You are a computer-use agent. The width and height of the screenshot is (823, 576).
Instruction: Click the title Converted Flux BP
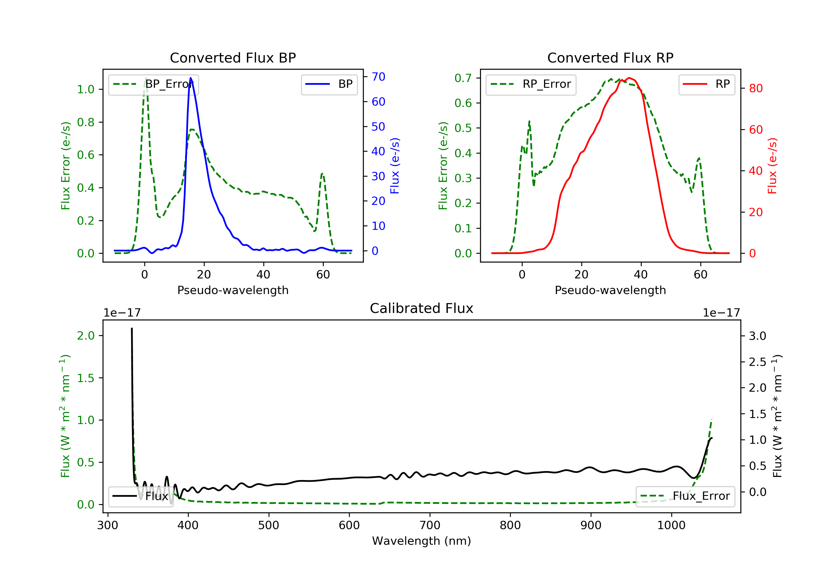pos(233,58)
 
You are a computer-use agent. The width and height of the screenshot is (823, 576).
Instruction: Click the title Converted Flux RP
pos(610,58)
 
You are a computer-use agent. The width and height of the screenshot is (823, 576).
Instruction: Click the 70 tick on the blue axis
pos(378,77)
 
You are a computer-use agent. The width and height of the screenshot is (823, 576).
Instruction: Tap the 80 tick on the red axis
pos(756,89)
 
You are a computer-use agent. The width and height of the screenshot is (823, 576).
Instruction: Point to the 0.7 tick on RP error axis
pos(463,78)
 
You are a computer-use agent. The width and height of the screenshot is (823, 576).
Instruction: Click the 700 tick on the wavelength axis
pos(430,526)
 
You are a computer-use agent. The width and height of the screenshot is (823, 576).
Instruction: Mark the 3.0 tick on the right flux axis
pos(757,336)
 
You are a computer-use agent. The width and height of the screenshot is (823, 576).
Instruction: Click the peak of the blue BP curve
pos(191,78)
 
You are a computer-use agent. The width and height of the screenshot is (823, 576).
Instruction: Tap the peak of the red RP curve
pos(629,78)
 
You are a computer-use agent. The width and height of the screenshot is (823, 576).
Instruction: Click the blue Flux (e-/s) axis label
pos(395,166)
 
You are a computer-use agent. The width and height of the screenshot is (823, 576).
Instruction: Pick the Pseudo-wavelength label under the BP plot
pos(233,290)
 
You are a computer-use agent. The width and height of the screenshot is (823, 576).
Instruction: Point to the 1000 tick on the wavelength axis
pos(671,526)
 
